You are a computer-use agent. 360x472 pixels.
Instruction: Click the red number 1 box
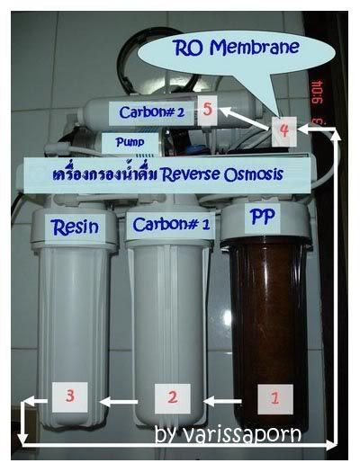pos(275,399)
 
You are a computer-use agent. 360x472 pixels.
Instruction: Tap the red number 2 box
pos(172,398)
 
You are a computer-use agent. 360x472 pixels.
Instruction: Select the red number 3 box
pos(70,397)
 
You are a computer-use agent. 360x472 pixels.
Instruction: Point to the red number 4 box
pos(284,131)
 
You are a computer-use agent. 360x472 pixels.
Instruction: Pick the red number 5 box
pos(208,111)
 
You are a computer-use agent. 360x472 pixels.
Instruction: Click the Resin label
pos(75,227)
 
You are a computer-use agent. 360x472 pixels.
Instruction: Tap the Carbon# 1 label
pos(171,225)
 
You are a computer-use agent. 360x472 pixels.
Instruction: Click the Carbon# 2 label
pos(151,112)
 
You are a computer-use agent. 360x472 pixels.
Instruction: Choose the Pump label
pos(130,143)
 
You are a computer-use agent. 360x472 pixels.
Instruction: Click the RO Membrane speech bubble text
pos(237,48)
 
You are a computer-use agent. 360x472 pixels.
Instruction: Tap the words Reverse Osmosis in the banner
pos(222,174)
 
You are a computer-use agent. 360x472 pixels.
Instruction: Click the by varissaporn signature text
pos(228,433)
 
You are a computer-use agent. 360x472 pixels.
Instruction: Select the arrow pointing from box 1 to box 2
pos(223,401)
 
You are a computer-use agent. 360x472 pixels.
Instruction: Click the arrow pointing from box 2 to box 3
pos(119,402)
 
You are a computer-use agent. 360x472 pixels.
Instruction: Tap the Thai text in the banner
pos(105,174)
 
